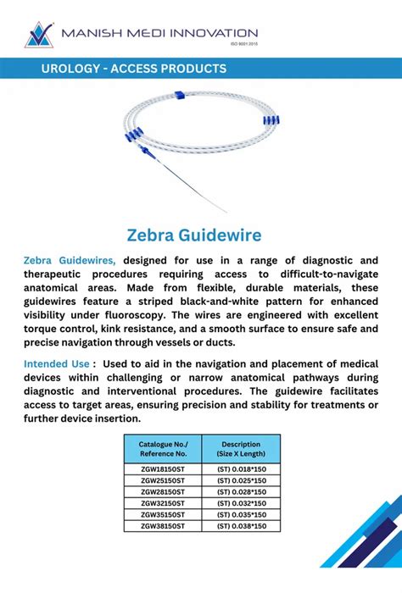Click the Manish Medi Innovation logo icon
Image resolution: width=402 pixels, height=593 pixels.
(x=38, y=34)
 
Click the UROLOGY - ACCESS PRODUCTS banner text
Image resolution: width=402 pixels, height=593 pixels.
(x=134, y=69)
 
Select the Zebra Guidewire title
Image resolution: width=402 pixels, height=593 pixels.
(x=194, y=234)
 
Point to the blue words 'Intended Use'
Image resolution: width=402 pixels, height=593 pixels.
(x=56, y=363)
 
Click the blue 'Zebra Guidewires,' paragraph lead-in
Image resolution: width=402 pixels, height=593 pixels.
(x=75, y=259)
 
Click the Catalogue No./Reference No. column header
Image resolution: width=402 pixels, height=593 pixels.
(x=157, y=449)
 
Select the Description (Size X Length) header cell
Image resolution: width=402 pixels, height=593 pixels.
(x=241, y=449)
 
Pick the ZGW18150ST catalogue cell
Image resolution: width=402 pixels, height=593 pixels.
(x=157, y=468)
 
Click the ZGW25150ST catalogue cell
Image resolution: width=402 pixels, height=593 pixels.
(x=157, y=479)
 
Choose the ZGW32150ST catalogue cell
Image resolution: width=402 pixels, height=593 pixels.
(x=157, y=502)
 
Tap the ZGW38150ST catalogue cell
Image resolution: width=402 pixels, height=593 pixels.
(x=157, y=526)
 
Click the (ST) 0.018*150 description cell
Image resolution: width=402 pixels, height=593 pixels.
(x=241, y=468)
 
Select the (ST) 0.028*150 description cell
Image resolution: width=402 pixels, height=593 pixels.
(x=241, y=491)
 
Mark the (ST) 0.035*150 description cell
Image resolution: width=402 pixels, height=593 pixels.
(x=241, y=514)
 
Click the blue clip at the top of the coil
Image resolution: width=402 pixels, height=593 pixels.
(x=179, y=96)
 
